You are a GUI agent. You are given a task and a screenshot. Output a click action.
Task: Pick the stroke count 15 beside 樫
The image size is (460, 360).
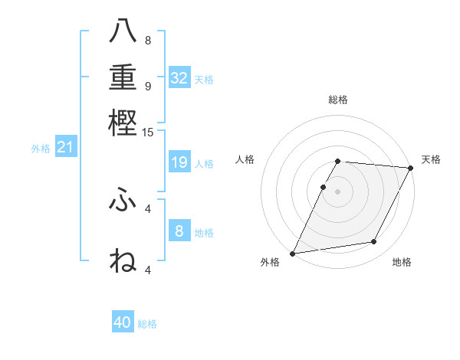click(148, 133)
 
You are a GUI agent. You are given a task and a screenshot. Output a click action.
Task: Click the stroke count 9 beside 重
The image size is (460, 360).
click(148, 85)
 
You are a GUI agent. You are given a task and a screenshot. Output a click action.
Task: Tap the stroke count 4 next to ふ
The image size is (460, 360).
click(148, 208)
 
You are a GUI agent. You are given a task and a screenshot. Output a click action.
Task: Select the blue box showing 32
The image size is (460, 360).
click(179, 78)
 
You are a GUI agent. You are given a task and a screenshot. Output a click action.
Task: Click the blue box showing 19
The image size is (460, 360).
click(179, 162)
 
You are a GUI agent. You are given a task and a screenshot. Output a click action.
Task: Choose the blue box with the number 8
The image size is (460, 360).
click(179, 231)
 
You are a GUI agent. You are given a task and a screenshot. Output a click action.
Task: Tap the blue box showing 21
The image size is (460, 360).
click(64, 148)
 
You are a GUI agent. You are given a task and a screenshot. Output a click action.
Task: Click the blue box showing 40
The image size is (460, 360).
click(123, 322)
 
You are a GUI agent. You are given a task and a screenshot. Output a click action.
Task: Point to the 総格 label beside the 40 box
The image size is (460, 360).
click(148, 324)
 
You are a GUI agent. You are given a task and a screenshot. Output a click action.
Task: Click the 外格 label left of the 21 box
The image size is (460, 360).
click(41, 149)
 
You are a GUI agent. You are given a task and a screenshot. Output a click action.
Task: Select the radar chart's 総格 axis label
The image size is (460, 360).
click(338, 100)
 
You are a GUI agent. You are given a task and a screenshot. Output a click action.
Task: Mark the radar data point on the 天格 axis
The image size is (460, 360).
click(410, 168)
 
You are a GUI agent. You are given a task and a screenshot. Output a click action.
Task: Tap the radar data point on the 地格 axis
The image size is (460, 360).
click(374, 242)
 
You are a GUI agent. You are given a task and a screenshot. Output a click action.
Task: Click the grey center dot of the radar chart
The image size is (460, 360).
click(338, 191)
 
